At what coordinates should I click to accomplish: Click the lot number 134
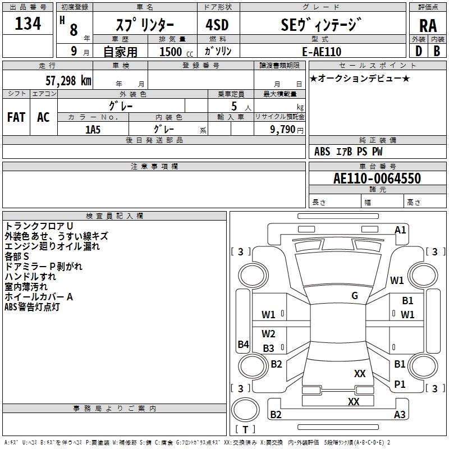point(28,24)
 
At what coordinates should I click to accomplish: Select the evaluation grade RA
point(427,25)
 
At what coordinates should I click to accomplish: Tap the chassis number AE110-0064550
point(377,178)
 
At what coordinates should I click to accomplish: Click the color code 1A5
point(93,129)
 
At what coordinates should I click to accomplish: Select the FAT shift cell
point(16,117)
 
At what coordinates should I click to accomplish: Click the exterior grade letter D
point(418,51)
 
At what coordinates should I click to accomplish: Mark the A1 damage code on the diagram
point(400,230)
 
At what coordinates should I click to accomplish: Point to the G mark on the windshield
point(355,296)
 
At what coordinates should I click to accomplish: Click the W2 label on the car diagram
point(269,334)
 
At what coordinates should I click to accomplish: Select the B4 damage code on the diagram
point(243,345)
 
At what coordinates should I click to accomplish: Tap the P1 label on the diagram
point(400,384)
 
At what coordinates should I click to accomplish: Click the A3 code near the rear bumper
point(400,415)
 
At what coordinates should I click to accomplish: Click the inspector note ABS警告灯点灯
point(32,307)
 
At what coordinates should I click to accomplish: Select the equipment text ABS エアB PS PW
point(349,152)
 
